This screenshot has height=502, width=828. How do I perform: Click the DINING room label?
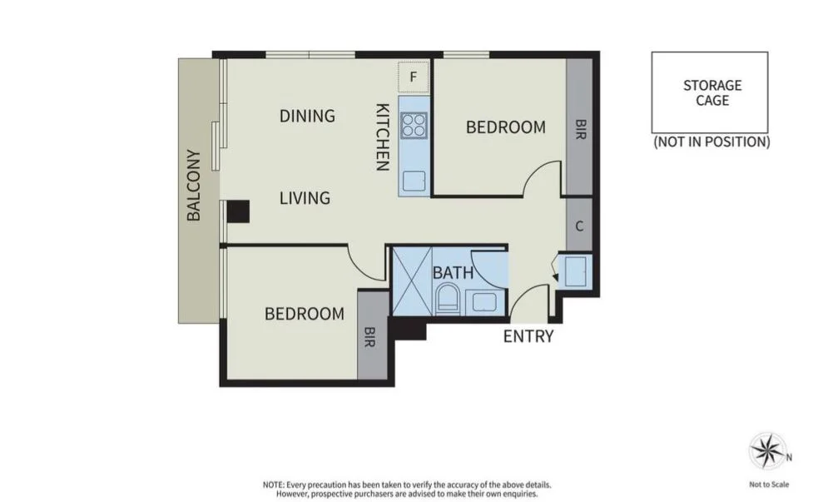(307, 116)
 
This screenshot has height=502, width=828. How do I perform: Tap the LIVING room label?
(305, 198)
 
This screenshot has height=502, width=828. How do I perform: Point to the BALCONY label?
(194, 185)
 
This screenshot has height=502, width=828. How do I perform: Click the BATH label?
(453, 272)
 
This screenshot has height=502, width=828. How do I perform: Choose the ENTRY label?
(528, 336)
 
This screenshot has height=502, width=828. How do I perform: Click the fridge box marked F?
(414, 77)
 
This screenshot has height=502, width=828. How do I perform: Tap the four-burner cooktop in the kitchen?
(414, 125)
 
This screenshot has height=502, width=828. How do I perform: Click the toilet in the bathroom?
(447, 297)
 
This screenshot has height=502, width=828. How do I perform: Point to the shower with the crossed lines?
(410, 280)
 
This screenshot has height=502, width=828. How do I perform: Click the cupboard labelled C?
(579, 225)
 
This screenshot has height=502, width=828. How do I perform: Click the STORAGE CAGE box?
(709, 92)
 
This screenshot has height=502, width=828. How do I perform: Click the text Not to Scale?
(768, 485)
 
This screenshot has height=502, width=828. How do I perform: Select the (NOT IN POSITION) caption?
(711, 142)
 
